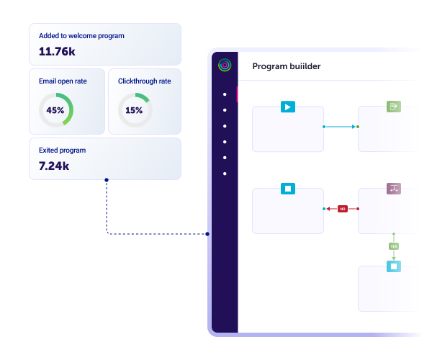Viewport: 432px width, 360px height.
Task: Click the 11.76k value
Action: [x=56, y=51]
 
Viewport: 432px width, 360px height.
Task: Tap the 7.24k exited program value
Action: [x=54, y=166]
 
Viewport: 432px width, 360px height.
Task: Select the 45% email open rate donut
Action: [x=55, y=110]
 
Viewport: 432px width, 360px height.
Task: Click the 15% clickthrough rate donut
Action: [x=134, y=110]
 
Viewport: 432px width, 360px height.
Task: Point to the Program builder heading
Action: [x=287, y=66]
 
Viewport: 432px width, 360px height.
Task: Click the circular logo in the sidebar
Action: [x=225, y=65]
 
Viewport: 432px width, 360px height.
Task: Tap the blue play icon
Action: [x=288, y=107]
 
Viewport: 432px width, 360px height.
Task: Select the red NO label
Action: [x=343, y=209]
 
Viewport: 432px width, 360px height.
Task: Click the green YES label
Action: [x=394, y=246]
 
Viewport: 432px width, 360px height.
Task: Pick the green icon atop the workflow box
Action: [x=394, y=107]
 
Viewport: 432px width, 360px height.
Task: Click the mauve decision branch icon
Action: [x=394, y=189]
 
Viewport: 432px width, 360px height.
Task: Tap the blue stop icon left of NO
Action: [x=288, y=189]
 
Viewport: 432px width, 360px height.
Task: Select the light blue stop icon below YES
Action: [x=394, y=266]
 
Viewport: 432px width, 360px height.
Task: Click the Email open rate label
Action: [x=63, y=81]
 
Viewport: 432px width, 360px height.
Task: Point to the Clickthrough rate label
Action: [x=144, y=81]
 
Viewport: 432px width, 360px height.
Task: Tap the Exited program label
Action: [x=62, y=150]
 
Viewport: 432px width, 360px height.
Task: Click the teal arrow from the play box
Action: [x=341, y=127]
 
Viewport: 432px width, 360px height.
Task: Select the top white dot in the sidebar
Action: [x=225, y=94]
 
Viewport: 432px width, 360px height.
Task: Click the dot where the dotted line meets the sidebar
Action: [x=207, y=233]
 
